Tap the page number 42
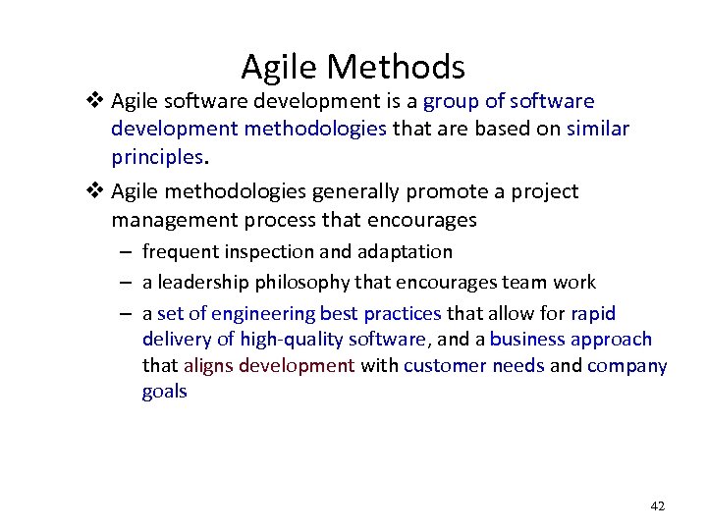(x=657, y=505)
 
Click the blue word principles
(x=156, y=157)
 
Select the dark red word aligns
(x=209, y=366)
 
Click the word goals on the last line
(x=164, y=393)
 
